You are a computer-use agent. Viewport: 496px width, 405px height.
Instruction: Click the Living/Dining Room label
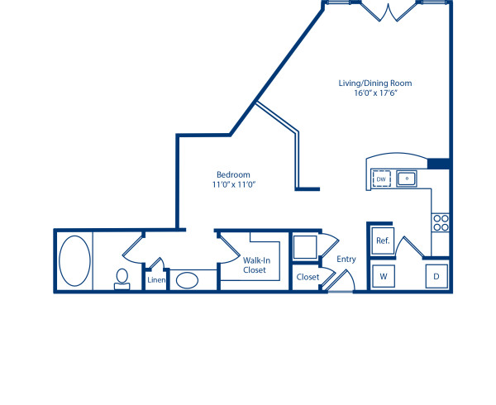pos(374,83)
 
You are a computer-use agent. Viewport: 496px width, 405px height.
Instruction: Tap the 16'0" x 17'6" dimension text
pos(374,93)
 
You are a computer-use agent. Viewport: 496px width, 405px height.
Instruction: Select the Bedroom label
pos(233,174)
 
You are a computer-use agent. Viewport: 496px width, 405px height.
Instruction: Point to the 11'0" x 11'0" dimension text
pos(233,185)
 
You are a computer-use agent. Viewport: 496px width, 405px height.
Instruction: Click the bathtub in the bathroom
pos(74,260)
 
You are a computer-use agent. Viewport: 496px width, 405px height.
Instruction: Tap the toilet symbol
pos(122,278)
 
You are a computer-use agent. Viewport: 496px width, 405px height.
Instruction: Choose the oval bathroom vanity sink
pos(187,279)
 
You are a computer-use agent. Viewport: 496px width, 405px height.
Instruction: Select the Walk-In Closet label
pos(255,264)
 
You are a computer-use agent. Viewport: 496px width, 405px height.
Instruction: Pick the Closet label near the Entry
pos(308,277)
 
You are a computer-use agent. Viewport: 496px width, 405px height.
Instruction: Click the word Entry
pos(346,260)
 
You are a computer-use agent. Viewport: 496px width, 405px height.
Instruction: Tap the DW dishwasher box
pos(381,179)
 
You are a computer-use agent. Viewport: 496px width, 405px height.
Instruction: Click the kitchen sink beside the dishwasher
pos(407,179)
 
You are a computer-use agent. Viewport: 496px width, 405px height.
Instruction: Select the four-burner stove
pos(441,222)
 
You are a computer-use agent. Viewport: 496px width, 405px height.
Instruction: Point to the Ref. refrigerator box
pos(382,241)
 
